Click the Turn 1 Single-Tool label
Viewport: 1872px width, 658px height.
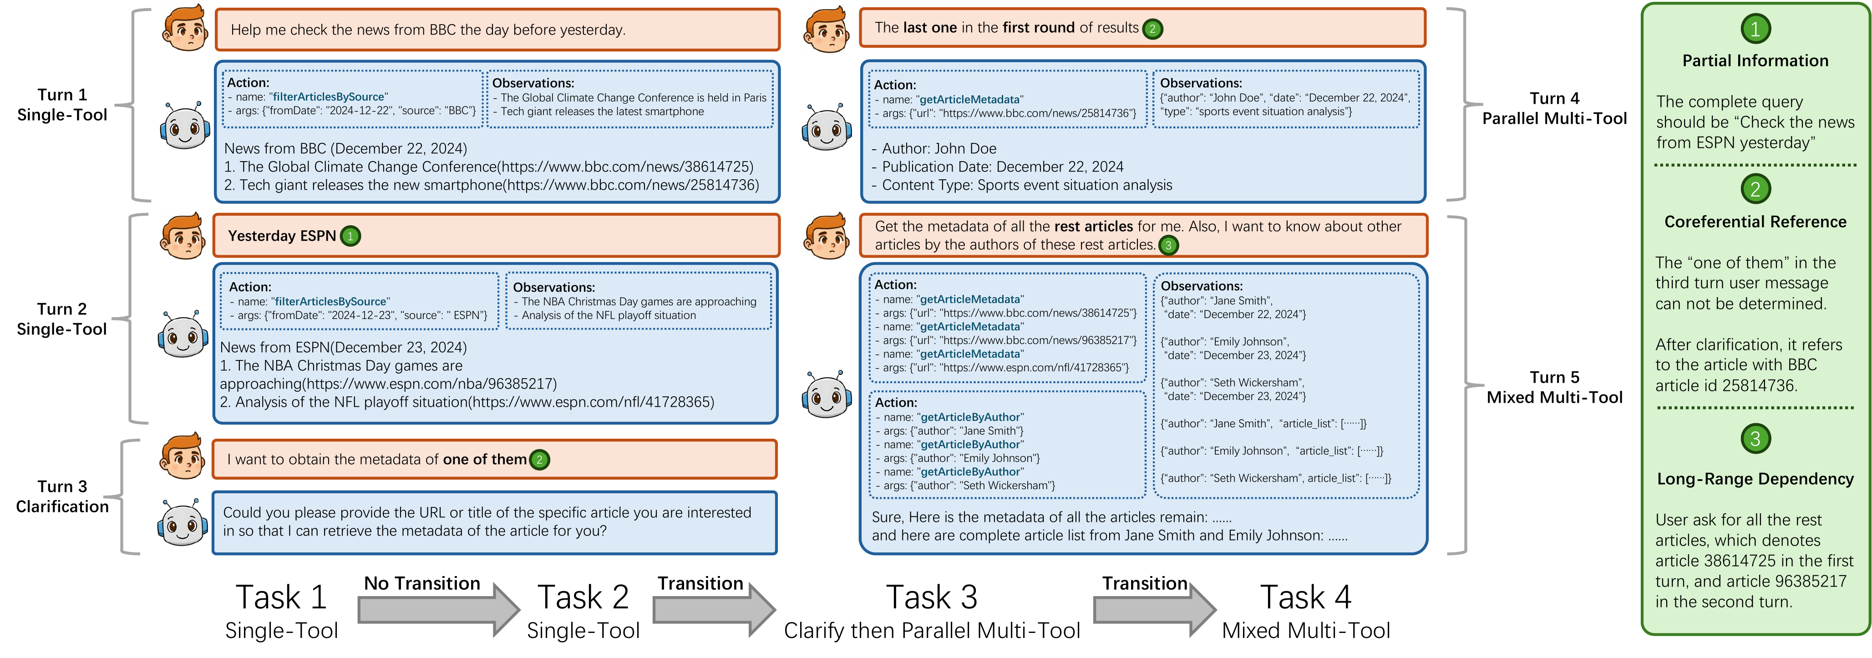coord(62,105)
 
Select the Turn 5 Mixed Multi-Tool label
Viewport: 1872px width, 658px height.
coord(1554,387)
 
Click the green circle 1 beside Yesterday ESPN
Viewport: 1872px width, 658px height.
coord(350,236)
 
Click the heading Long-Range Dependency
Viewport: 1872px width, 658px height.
coord(1755,479)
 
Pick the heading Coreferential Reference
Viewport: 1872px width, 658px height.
coord(1755,222)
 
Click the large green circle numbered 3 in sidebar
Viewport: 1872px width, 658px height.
coord(1755,439)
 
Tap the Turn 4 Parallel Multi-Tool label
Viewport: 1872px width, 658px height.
coord(1554,108)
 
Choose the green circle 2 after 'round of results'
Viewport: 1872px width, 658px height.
coord(1152,29)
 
